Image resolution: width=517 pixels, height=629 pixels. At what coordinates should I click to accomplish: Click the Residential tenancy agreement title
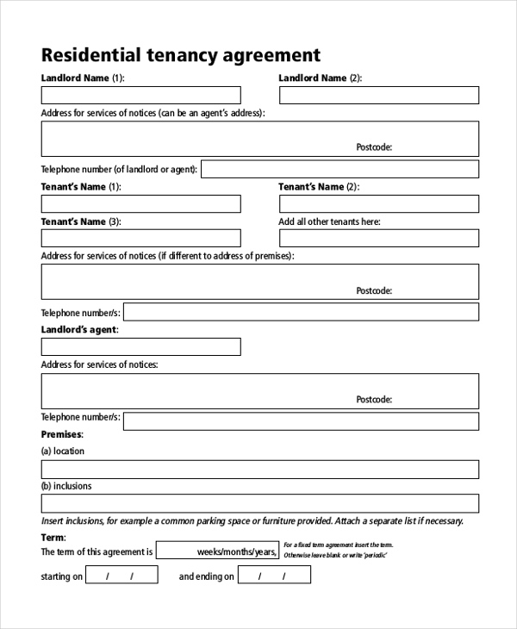[x=181, y=55]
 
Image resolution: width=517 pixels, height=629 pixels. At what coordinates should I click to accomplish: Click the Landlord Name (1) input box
[x=141, y=95]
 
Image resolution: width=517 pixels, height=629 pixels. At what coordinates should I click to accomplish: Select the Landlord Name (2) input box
[x=378, y=95]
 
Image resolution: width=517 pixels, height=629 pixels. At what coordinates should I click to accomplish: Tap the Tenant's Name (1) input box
[x=141, y=203]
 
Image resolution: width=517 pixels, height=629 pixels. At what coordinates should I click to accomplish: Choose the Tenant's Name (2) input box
[x=378, y=203]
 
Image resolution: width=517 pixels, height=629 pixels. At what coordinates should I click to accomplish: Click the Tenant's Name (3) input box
[x=141, y=239]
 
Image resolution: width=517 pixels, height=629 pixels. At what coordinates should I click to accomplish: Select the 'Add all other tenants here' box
[x=378, y=239]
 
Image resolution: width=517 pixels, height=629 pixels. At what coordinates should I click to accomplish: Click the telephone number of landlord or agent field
[x=339, y=169]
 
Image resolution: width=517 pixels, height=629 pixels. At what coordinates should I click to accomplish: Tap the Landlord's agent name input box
[x=141, y=346]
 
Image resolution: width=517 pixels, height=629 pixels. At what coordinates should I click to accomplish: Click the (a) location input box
[x=259, y=469]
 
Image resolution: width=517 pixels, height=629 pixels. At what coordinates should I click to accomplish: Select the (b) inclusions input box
[x=259, y=503]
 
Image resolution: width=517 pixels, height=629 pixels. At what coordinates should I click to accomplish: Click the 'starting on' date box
[x=121, y=576]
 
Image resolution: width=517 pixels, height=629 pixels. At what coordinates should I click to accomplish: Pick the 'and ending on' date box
[x=274, y=576]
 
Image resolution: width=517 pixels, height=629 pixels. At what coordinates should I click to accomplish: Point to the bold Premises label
[x=61, y=435]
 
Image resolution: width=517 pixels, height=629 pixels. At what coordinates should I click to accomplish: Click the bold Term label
[x=53, y=537]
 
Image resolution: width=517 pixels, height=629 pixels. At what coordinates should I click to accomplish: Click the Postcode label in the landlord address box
[x=374, y=147]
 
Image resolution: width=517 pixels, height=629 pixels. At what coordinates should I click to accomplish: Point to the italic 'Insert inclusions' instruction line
[x=252, y=520]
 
